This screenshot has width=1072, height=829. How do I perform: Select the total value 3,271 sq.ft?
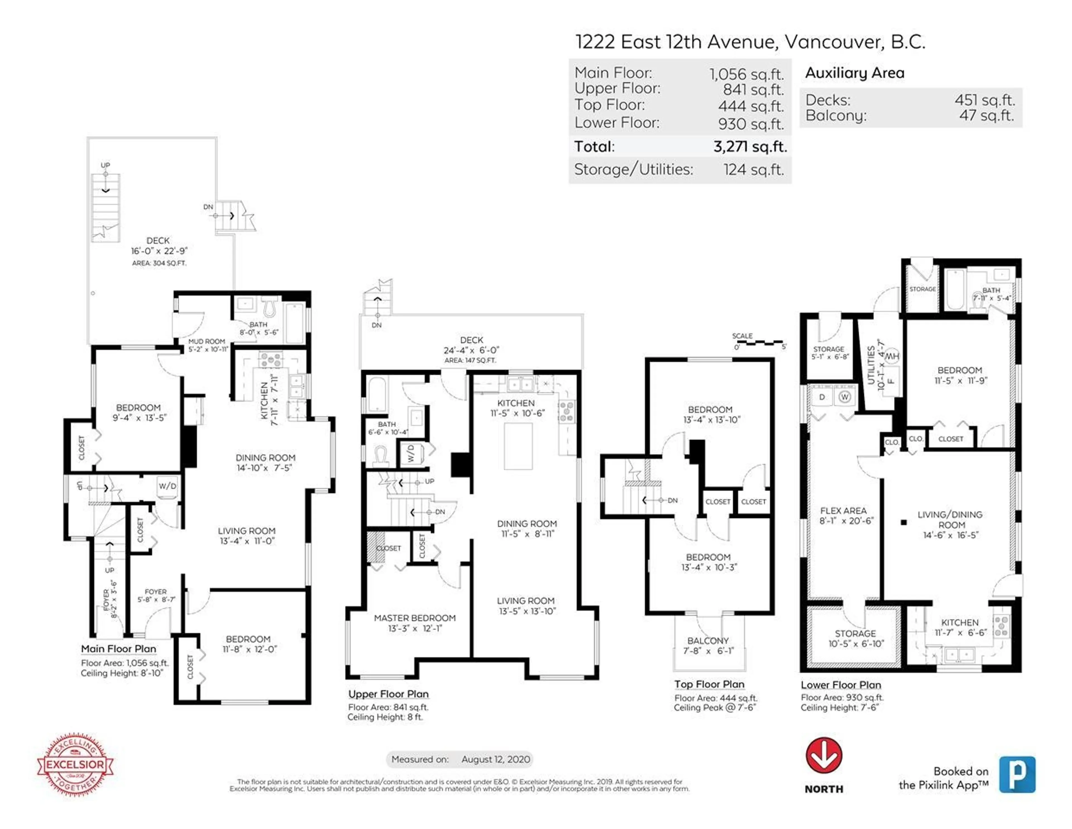tap(750, 146)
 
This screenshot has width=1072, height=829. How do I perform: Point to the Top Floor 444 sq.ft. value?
tap(751, 106)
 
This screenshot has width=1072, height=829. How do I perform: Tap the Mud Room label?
tap(207, 341)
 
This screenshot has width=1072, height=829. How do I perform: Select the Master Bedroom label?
tap(415, 618)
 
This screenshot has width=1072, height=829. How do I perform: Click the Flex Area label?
tap(843, 511)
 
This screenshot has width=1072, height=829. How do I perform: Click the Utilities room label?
tap(871, 365)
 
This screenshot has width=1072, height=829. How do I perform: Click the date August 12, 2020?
tap(496, 759)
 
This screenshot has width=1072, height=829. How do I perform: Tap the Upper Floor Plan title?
tap(388, 694)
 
